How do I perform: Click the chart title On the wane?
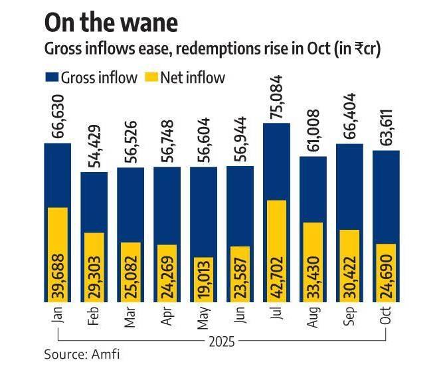(x=112, y=23)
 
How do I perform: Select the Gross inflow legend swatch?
(x=51, y=78)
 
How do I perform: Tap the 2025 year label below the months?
(x=221, y=342)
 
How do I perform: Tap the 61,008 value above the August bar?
(x=313, y=134)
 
